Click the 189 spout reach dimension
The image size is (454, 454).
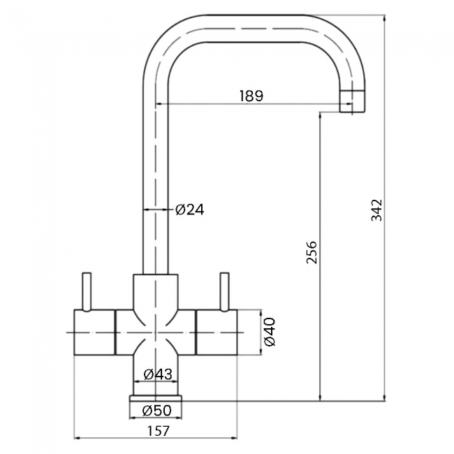tap(251, 96)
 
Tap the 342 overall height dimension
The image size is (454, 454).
tap(376, 210)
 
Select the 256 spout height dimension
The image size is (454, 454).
tap(312, 252)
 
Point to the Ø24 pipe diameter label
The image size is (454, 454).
tap(190, 210)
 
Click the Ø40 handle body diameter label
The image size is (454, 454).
tap(270, 332)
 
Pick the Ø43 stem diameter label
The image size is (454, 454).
tap(158, 374)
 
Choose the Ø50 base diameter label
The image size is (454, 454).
tap(157, 410)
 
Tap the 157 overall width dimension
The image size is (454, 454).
tap(158, 432)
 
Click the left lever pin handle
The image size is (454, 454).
tap(87, 292)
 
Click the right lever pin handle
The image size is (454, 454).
tap(225, 292)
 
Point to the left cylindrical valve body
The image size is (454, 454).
tap(94, 332)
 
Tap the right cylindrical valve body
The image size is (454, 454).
tap(217, 332)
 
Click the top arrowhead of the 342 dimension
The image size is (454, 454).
tap(385, 17)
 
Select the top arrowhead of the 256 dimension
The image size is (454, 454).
tap(320, 115)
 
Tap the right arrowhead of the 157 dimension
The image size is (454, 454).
tap(234, 439)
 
